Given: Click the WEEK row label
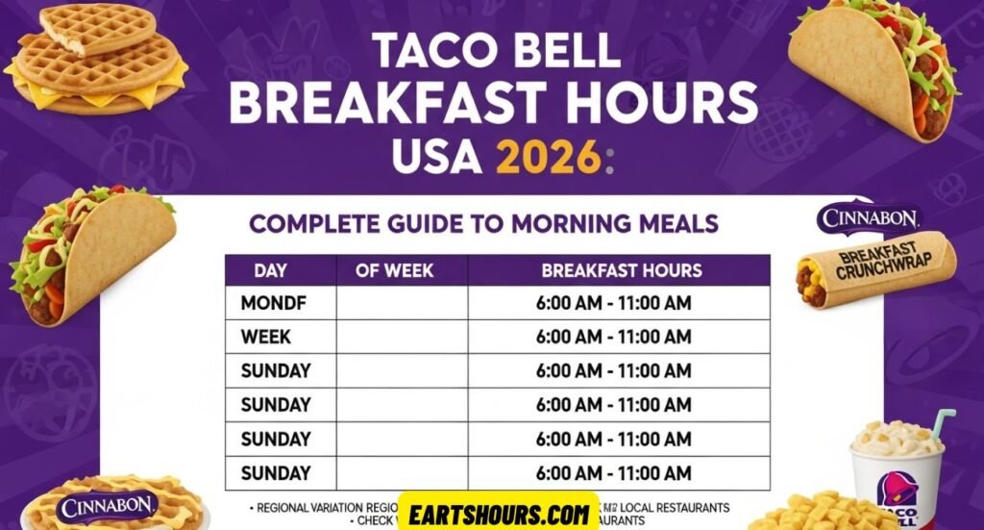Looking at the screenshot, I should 266,337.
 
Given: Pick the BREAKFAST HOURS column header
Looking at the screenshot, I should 621,270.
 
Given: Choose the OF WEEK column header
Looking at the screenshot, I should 395,270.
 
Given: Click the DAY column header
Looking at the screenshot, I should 270,270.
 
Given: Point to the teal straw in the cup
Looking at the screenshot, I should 943,423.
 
